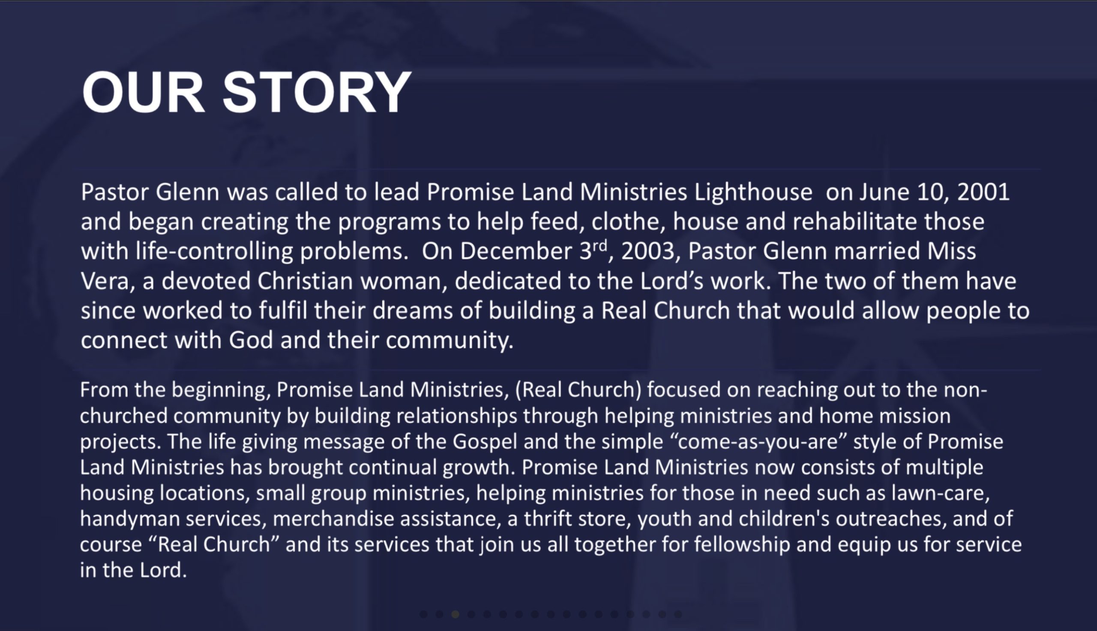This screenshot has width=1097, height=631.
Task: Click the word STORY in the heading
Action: [x=317, y=92]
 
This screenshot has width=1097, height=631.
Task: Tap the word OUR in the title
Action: [x=143, y=92]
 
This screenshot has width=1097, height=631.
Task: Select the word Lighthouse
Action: [x=753, y=193]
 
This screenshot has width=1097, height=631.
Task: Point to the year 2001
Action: [x=983, y=192]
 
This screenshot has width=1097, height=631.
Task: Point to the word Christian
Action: [x=305, y=281]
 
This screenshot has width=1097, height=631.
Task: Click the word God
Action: [x=251, y=340]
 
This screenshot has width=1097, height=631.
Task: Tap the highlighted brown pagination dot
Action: [x=455, y=614]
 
